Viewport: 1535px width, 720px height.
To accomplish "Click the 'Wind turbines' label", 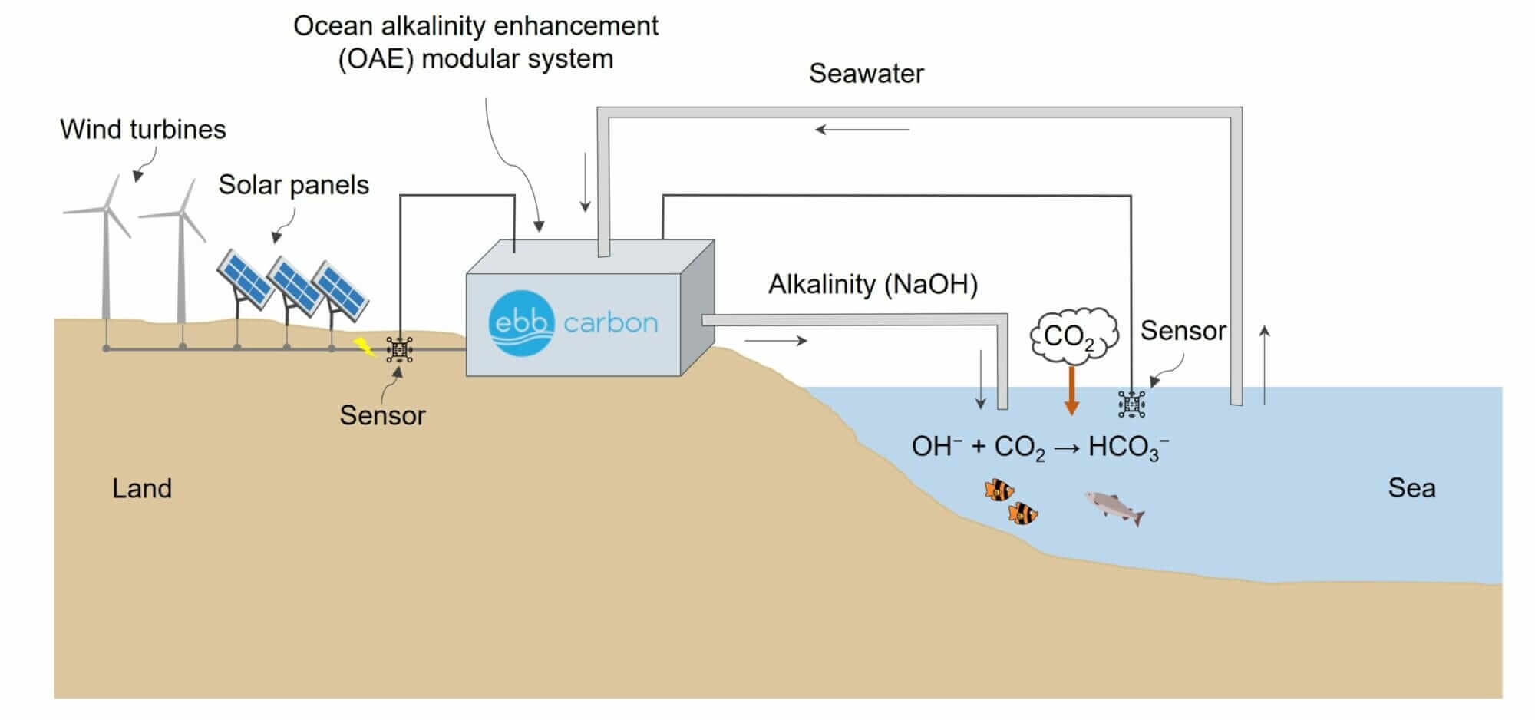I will pyautogui.click(x=143, y=129).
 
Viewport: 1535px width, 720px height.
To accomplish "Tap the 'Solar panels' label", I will pyautogui.click(x=293, y=184).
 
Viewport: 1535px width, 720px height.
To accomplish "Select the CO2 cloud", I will pyautogui.click(x=1073, y=335).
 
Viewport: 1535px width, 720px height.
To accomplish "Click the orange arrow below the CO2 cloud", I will pyautogui.click(x=1071, y=390).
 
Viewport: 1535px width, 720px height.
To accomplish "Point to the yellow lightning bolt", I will pyautogui.click(x=364, y=347).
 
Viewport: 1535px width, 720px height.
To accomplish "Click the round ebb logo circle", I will pyautogui.click(x=521, y=323).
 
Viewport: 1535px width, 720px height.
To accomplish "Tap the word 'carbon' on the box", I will pyautogui.click(x=610, y=323).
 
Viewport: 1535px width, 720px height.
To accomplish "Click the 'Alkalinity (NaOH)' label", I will pyautogui.click(x=873, y=284).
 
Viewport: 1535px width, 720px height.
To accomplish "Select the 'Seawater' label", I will pyautogui.click(x=866, y=74).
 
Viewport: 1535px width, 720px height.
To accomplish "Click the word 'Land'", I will pyautogui.click(x=142, y=488).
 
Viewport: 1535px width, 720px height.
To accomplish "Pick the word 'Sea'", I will pyautogui.click(x=1411, y=488).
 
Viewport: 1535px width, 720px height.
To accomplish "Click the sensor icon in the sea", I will pyautogui.click(x=1131, y=404).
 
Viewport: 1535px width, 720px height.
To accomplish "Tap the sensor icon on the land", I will pyautogui.click(x=399, y=349).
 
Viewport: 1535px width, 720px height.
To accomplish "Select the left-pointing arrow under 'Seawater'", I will pyautogui.click(x=861, y=130).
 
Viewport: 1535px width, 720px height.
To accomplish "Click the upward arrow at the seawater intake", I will pyautogui.click(x=1264, y=364).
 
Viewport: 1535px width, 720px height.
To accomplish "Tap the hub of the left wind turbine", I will pyautogui.click(x=106, y=209).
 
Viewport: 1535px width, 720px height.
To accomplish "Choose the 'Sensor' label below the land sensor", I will pyautogui.click(x=382, y=415).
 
